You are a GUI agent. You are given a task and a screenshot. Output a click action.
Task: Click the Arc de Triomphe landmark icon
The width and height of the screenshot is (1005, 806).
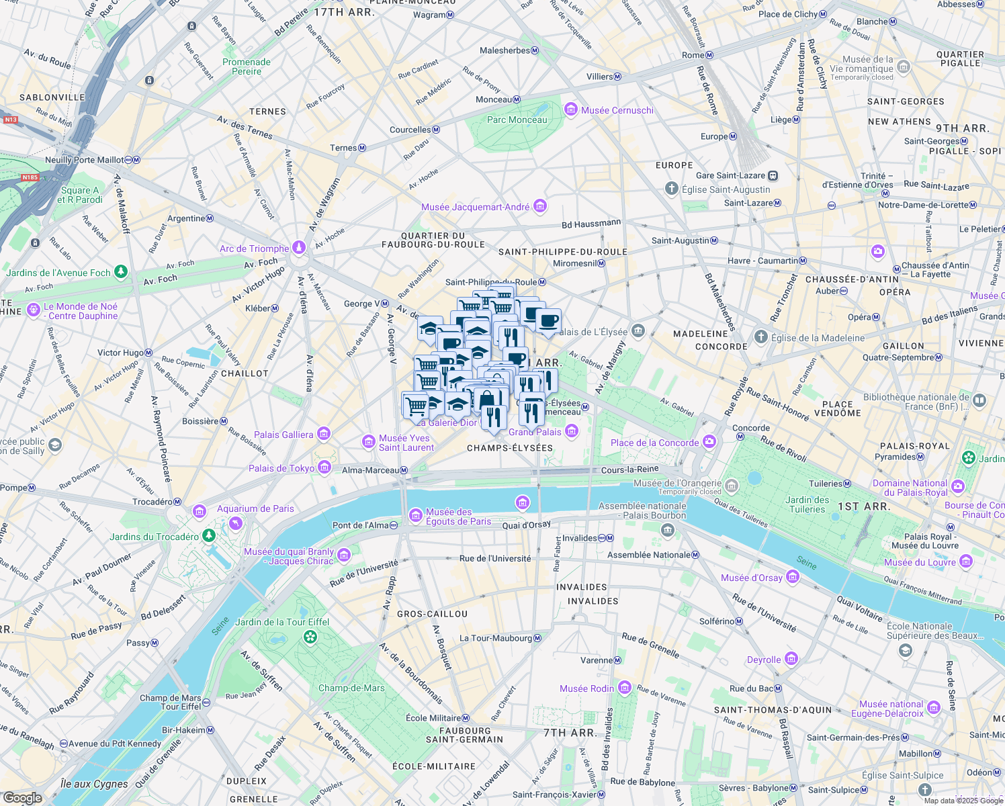click(x=299, y=249)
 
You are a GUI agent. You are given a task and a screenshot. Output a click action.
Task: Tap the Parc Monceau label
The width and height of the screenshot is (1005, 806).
click(x=517, y=120)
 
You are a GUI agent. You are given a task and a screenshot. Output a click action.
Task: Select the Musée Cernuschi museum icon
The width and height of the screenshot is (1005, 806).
click(x=571, y=109)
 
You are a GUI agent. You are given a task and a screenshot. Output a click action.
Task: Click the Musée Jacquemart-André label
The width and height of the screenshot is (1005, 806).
click(x=475, y=207)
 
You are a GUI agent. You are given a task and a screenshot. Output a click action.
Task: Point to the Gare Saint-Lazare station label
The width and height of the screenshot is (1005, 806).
click(x=730, y=175)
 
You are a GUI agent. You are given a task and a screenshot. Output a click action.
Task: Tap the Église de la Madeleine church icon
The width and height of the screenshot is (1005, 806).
click(x=760, y=337)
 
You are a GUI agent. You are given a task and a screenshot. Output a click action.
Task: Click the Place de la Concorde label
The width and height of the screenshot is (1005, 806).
click(x=654, y=443)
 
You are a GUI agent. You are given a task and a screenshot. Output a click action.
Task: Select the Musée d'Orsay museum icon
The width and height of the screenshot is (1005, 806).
click(x=793, y=577)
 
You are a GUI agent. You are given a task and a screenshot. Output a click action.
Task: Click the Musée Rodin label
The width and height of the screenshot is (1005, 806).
click(x=586, y=688)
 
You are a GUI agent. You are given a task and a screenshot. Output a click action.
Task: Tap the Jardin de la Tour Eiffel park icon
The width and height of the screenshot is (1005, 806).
click(x=310, y=636)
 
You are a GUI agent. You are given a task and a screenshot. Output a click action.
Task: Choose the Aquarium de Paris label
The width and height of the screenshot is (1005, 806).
click(x=255, y=508)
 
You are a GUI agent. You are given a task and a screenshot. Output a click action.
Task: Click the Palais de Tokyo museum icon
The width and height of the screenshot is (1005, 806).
click(x=324, y=467)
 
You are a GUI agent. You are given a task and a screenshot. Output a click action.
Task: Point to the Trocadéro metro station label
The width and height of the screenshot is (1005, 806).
click(x=152, y=502)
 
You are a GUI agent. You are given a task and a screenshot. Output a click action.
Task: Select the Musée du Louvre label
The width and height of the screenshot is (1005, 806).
click(x=919, y=562)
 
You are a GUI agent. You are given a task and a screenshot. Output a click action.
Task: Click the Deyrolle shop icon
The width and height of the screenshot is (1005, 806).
click(x=791, y=659)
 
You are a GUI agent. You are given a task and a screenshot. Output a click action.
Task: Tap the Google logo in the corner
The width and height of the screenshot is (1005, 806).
click(x=23, y=797)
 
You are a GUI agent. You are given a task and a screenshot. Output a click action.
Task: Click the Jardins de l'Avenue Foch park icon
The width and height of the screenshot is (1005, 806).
click(x=121, y=272)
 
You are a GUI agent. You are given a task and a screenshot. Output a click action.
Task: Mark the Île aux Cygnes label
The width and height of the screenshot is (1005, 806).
click(x=94, y=784)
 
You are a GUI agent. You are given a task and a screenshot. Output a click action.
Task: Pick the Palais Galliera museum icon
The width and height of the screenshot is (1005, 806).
click(x=324, y=434)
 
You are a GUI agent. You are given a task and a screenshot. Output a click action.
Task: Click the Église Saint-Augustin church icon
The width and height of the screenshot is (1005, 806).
click(x=671, y=189)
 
